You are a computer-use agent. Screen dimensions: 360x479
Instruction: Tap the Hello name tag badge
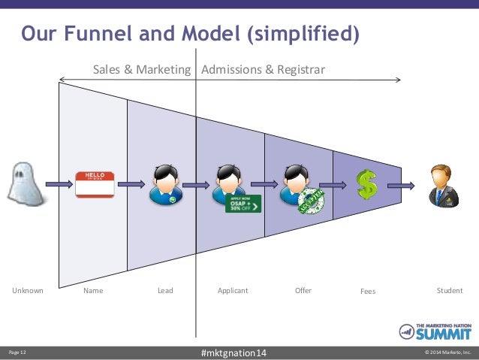click(x=95, y=184)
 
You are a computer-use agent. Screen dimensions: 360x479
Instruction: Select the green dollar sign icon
click(x=367, y=184)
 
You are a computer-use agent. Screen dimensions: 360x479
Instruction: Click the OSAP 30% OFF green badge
click(x=243, y=203)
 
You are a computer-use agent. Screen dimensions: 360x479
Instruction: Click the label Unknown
click(x=28, y=290)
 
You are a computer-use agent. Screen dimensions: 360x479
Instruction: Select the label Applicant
click(x=233, y=290)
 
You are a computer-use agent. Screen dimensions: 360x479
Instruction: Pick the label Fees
click(x=367, y=291)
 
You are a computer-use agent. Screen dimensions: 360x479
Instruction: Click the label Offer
click(x=303, y=290)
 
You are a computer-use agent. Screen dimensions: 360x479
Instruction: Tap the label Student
click(x=450, y=290)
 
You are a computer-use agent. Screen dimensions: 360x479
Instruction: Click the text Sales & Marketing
click(x=141, y=69)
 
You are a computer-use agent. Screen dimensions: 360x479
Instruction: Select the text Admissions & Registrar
click(x=264, y=69)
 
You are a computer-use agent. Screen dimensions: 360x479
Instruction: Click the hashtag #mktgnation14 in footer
click(x=233, y=352)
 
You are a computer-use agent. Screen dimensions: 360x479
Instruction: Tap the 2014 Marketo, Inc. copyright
click(x=447, y=352)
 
